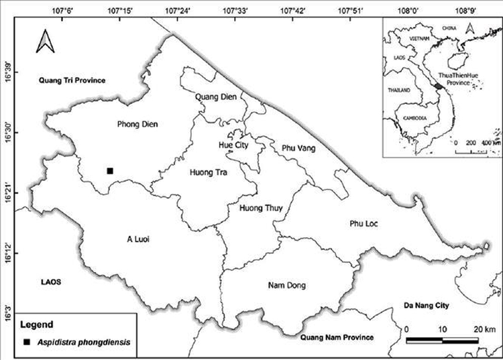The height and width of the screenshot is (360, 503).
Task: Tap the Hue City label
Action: [234, 145]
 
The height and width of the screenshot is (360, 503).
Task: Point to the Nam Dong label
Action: [286, 286]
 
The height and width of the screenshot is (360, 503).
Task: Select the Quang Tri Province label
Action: [72, 80]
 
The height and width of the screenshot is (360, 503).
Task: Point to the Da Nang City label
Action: [429, 306]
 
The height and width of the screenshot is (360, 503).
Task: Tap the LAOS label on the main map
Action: [50, 282]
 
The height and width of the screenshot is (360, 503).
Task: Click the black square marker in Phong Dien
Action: [110, 171]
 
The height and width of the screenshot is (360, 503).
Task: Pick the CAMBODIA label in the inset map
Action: [411, 117]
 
